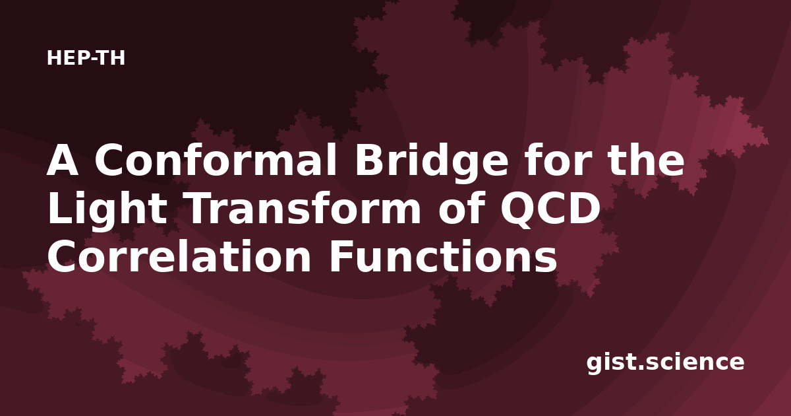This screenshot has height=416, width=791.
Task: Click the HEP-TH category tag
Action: click(86, 58)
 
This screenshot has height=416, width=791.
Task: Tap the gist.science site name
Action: click(665, 363)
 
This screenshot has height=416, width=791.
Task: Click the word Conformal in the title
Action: click(216, 160)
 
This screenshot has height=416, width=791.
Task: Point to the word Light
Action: click(107, 211)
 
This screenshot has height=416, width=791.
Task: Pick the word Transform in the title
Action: click(304, 208)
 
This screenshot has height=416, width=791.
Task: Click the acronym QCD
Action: click(550, 209)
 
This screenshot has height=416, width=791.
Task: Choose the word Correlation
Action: click(179, 256)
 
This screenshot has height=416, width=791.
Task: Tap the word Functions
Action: click(443, 256)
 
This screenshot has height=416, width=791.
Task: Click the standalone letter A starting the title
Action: click(62, 160)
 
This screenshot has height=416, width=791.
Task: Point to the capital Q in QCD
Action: click(517, 211)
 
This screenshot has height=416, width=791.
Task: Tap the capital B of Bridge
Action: click(369, 160)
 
